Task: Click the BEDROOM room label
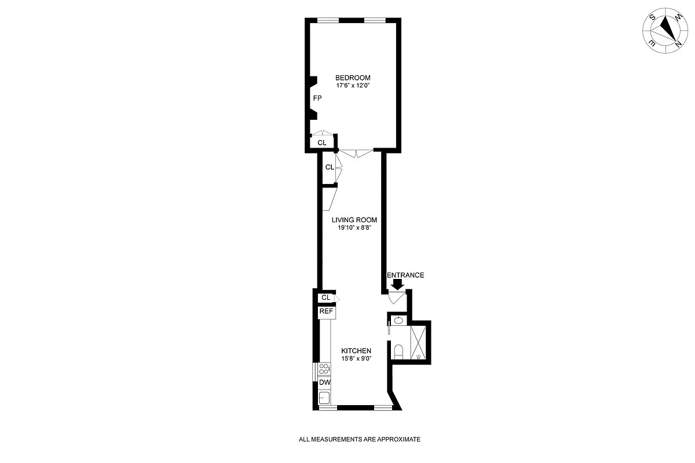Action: (353, 78)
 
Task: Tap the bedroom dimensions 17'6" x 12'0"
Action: (353, 86)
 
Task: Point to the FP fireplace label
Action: (317, 98)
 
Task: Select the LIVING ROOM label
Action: (354, 220)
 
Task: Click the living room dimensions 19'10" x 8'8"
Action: (354, 228)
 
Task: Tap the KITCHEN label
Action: (356, 351)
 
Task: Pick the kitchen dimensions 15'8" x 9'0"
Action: (356, 358)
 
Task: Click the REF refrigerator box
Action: (327, 312)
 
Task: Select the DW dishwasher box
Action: (324, 383)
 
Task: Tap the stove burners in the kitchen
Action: (324, 369)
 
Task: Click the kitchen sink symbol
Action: (324, 398)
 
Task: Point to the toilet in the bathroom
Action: (398, 351)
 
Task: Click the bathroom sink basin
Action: (398, 320)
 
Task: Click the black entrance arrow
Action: (397, 284)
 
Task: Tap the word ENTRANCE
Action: (405, 275)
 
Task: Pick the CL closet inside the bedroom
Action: (322, 142)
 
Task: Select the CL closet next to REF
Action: (325, 297)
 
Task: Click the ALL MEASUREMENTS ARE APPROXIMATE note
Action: (359, 439)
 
